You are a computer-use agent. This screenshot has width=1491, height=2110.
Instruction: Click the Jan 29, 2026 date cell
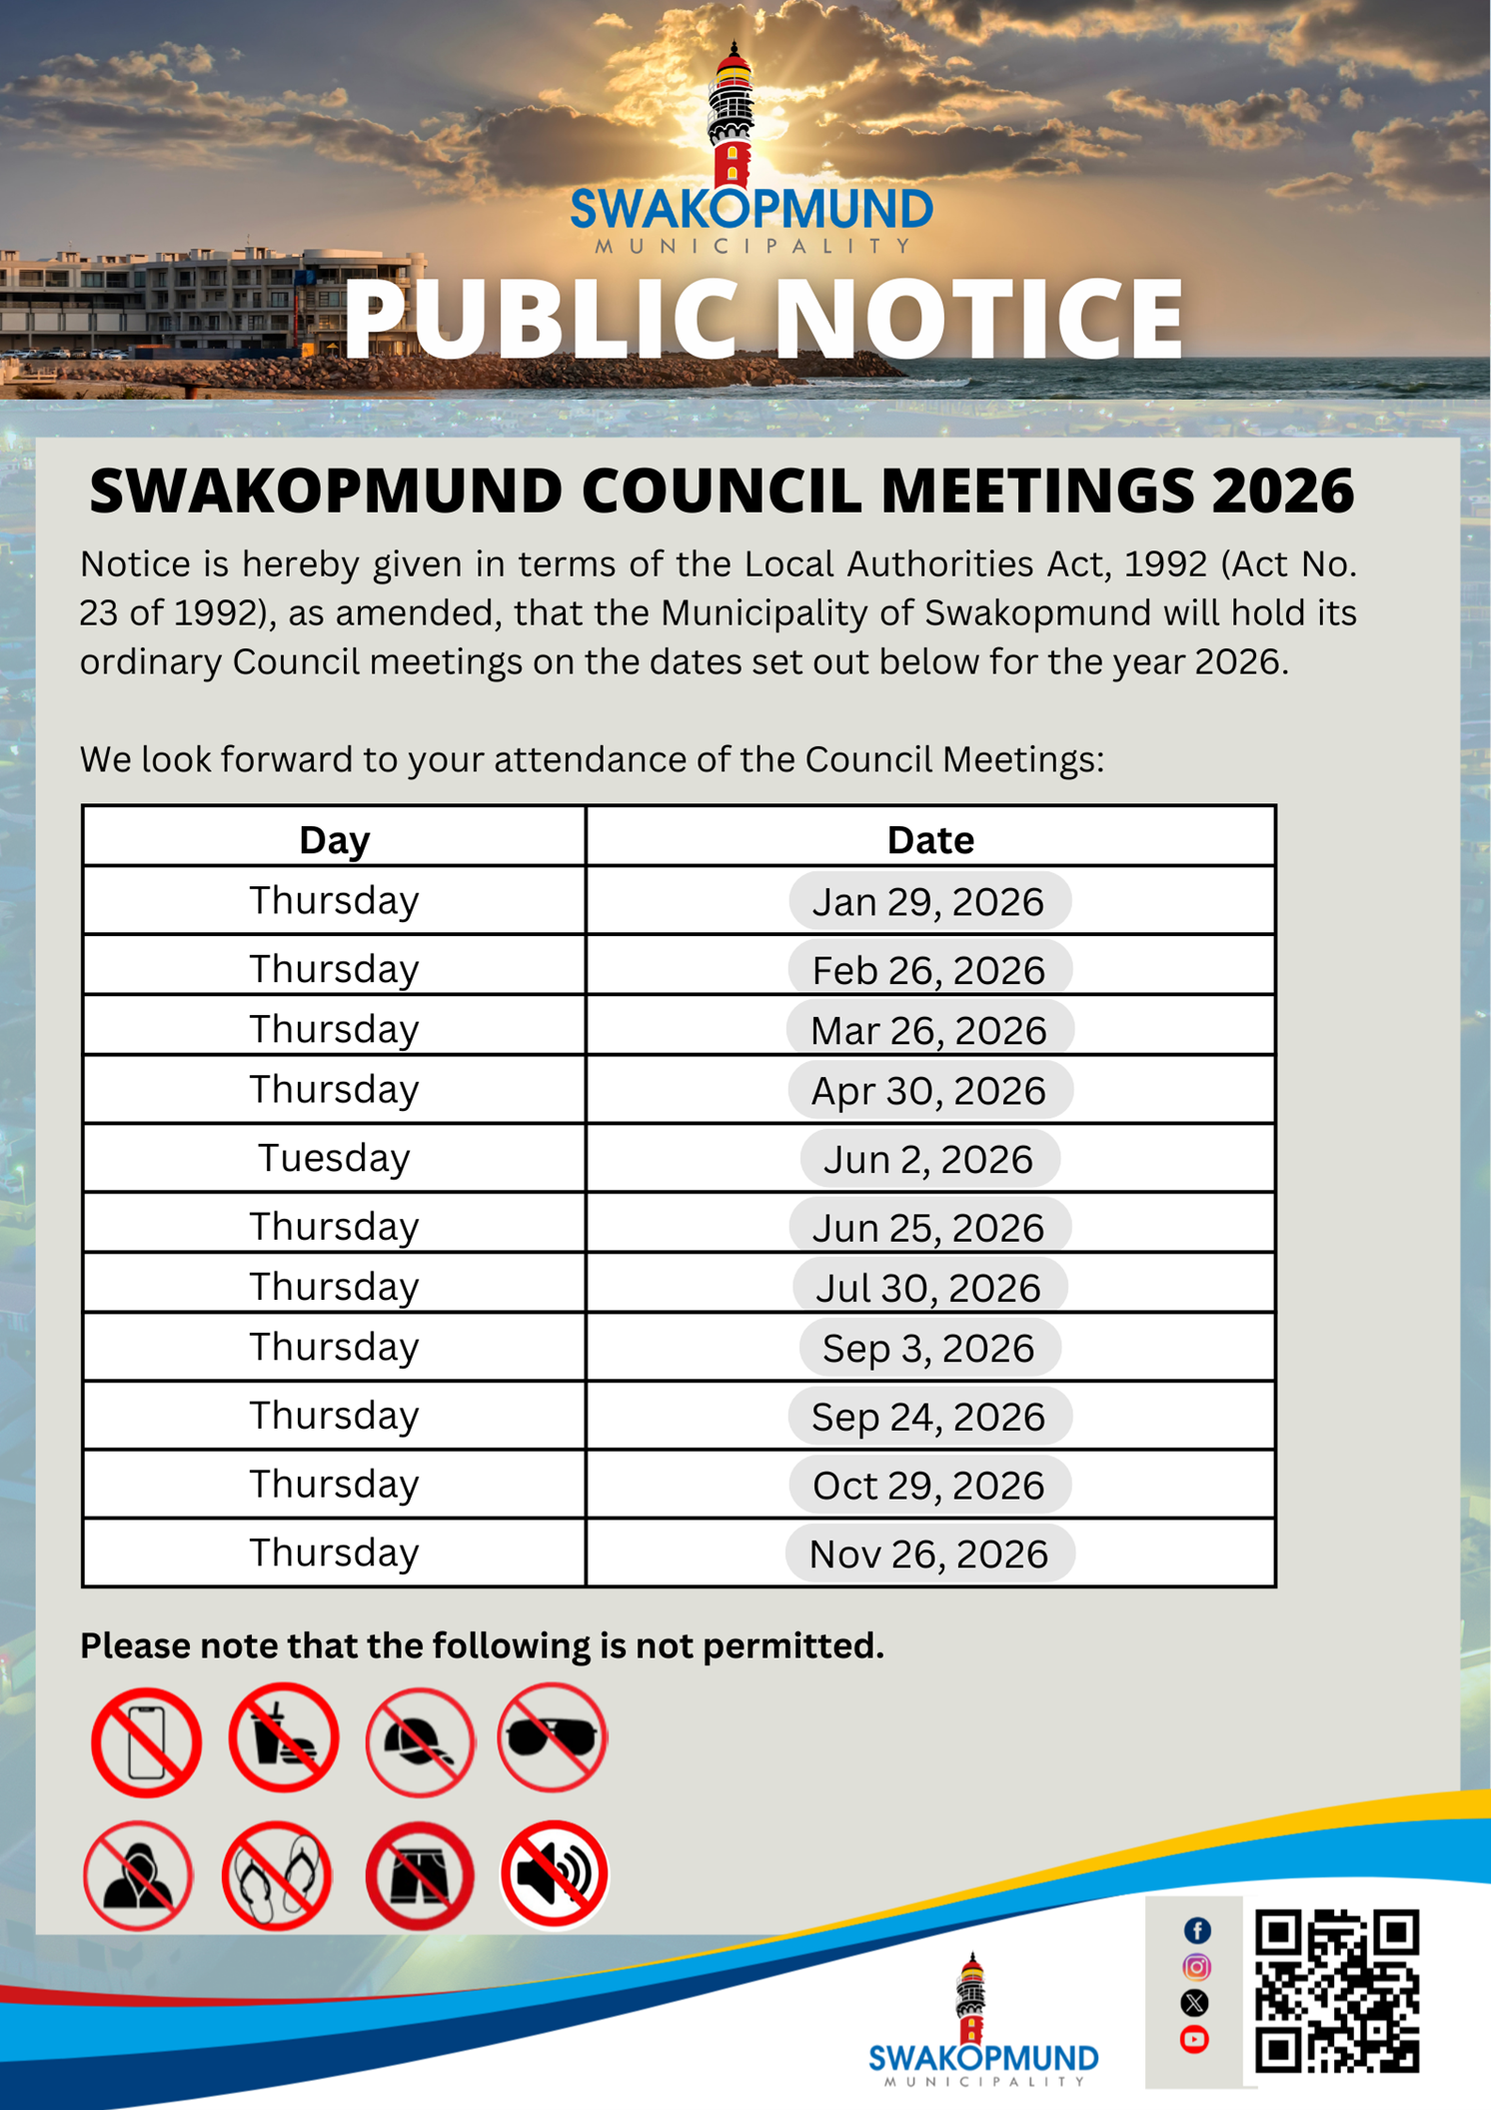click(x=928, y=901)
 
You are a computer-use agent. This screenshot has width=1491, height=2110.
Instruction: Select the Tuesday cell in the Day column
click(x=334, y=1158)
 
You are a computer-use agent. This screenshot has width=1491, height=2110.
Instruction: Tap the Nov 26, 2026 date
click(x=928, y=1554)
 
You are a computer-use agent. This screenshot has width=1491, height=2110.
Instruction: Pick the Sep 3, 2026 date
click(x=928, y=1348)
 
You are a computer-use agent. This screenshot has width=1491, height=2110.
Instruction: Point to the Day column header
click(x=334, y=839)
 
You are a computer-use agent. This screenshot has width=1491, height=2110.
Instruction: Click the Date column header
click(x=929, y=839)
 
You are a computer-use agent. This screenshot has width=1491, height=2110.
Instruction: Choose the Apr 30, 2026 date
click(x=928, y=1090)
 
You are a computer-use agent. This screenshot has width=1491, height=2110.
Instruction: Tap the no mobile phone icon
click(x=146, y=1742)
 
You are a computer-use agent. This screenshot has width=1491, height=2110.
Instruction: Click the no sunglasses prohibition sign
click(x=552, y=1737)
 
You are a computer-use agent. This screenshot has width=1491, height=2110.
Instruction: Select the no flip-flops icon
click(x=277, y=1875)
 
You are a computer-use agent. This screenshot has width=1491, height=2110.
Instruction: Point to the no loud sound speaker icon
click(x=554, y=1873)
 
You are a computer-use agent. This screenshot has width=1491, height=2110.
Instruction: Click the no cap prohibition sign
click(x=420, y=1741)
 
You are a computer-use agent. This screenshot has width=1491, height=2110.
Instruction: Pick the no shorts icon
click(x=420, y=1875)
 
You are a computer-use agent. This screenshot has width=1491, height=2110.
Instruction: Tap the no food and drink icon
click(x=284, y=1737)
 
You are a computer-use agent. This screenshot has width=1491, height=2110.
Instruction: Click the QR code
click(x=1336, y=1990)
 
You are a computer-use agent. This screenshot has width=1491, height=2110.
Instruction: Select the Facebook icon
click(x=1196, y=1930)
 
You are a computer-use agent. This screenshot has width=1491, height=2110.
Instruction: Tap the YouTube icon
click(x=1194, y=2039)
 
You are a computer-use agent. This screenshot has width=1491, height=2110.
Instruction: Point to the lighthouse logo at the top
click(x=732, y=115)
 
